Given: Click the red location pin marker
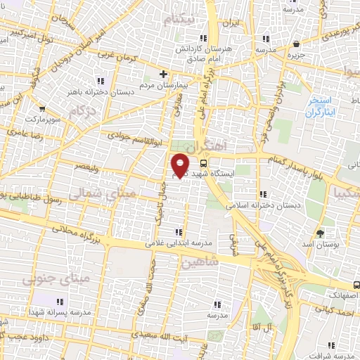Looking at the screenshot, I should click(x=180, y=165).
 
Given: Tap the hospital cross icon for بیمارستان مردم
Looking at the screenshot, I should click(x=163, y=73).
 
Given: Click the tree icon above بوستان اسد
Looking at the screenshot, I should click(x=321, y=233).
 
